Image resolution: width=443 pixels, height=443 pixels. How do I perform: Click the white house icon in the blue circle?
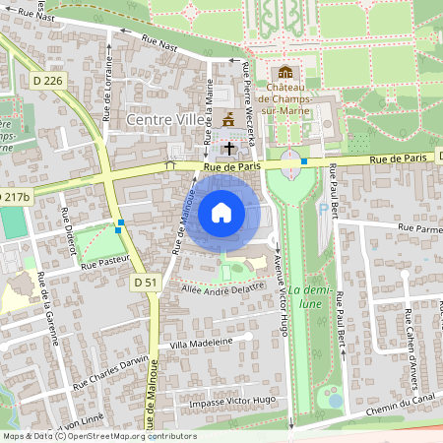click(x=221, y=212)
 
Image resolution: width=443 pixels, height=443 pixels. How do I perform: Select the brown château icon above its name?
click(x=285, y=73)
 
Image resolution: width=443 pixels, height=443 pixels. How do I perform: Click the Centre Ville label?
click(x=161, y=119)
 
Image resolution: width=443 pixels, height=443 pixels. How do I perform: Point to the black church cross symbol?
click(x=229, y=148)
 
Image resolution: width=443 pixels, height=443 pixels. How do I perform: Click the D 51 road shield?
click(x=146, y=283)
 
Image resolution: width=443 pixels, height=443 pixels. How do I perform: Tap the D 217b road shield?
click(x=14, y=197)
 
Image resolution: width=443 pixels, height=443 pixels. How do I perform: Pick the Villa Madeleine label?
click(x=201, y=343)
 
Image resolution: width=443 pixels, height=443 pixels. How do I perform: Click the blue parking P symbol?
click(x=323, y=209)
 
